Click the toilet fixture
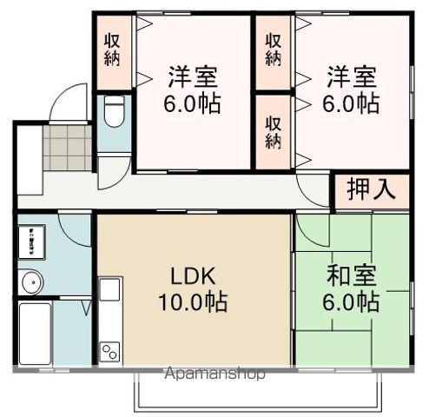pos(114,110)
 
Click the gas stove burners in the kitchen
pos(110,351)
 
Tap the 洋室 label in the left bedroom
pos(193,76)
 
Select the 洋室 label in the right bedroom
pos(352,76)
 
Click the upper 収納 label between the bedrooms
pos(273,50)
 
